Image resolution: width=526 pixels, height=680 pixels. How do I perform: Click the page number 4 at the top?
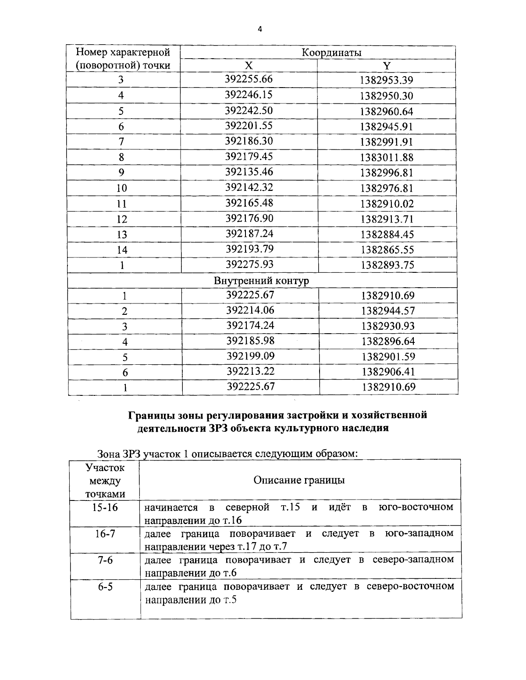pos(259,29)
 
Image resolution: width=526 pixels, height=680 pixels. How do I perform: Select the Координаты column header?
pos(331,53)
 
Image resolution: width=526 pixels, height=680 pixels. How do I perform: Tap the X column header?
pos(249,66)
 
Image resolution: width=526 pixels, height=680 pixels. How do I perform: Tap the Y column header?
pos(386,66)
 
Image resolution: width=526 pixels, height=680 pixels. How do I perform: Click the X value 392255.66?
pos(249,79)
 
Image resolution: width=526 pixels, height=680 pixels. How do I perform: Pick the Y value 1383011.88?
pos(387,157)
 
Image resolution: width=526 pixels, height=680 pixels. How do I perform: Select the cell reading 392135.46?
pos(249,172)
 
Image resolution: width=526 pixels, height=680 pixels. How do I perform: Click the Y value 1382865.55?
pos(387,250)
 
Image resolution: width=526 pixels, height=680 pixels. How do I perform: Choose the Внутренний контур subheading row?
pos(261,281)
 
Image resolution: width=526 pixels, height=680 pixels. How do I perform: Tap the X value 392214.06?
pos(250,310)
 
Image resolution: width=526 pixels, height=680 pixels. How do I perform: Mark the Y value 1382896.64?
pos(388,342)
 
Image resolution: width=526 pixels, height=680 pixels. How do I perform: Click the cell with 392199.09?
pos(250,356)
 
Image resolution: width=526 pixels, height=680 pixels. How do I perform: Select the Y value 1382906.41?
pos(388,372)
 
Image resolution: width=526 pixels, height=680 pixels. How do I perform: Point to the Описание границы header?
pos(299,480)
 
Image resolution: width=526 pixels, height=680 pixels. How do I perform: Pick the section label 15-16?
pos(105,507)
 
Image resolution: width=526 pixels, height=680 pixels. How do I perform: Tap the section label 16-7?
pos(105,533)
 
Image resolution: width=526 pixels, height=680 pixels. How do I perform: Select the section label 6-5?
pos(105,587)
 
